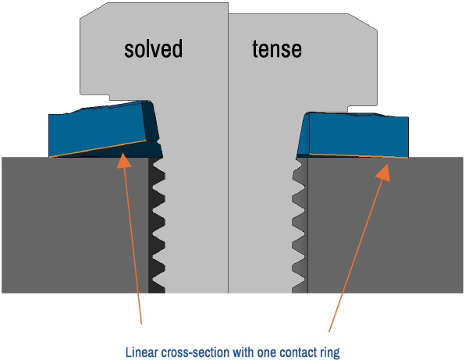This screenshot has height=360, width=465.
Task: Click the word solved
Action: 154,48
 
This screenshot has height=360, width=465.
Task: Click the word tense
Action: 277,49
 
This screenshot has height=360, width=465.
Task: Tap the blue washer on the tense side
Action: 353,135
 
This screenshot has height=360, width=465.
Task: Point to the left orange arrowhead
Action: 125,161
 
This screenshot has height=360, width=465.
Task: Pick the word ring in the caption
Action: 330,353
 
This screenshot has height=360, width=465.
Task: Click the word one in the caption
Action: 267,353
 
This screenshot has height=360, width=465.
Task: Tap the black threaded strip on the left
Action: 157,225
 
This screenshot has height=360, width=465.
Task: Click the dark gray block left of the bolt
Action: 75,225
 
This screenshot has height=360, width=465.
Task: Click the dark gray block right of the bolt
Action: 385,226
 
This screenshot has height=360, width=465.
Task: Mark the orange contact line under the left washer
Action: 98,148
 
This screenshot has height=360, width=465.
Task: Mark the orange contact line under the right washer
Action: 359,156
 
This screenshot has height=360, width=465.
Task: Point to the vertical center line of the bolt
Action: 228,148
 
